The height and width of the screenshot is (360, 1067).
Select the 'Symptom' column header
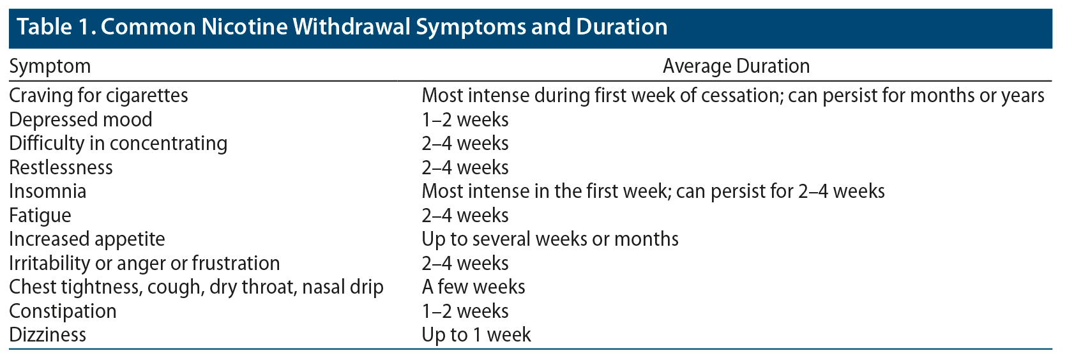point(50,66)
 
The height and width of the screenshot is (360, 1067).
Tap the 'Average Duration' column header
point(736,66)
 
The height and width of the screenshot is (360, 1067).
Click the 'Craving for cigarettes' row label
point(98,96)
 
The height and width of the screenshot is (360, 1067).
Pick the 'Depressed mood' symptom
point(80,119)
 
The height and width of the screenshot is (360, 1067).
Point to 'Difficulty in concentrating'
point(118,144)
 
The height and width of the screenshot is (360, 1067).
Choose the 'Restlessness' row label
point(61,168)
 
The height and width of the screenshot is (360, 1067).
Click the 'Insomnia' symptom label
point(48,191)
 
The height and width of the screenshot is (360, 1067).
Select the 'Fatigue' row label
point(40,216)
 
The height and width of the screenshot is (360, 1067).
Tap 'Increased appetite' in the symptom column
point(87,239)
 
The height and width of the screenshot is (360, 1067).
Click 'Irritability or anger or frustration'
point(144,264)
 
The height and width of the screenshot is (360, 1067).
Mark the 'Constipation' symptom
point(63,311)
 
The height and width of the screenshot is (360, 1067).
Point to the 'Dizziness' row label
point(48,335)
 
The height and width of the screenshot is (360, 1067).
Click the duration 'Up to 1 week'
point(476,335)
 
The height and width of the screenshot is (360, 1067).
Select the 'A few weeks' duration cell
point(474,287)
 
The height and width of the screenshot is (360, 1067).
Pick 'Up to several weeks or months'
point(550,239)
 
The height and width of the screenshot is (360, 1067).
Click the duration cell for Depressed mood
point(465,119)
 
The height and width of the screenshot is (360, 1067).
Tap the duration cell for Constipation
point(465,311)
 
